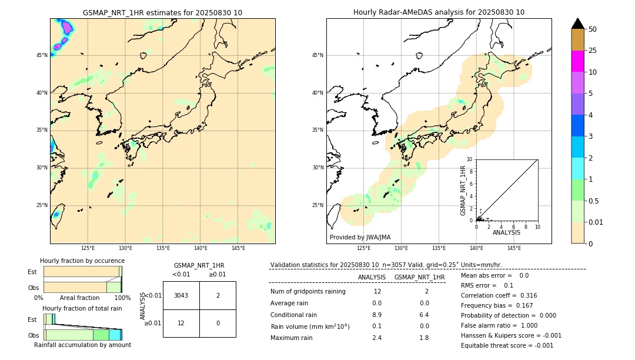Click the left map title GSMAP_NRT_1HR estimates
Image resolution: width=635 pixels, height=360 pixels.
click(162, 13)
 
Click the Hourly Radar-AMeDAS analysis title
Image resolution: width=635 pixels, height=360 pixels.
click(439, 12)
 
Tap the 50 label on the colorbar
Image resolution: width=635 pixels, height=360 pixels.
click(593, 29)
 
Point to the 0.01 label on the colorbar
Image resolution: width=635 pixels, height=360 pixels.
click(596, 222)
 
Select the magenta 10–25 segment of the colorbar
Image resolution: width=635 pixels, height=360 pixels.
click(577, 61)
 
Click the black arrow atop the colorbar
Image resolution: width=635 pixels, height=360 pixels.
click(577, 24)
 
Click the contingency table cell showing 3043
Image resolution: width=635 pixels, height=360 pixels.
click(181, 295)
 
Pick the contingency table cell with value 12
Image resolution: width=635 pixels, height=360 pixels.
click(181, 323)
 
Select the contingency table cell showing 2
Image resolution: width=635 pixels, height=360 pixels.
click(218, 295)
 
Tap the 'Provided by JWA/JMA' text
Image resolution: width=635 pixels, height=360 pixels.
click(360, 238)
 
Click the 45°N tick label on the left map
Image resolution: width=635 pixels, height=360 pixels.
click(42, 55)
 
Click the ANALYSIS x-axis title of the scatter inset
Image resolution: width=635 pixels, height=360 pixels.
click(506, 232)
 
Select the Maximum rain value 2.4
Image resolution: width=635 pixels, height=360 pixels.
click(377, 338)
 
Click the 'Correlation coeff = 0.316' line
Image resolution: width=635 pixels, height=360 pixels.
click(499, 295)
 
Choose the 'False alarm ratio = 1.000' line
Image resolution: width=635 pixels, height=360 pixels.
click(499, 325)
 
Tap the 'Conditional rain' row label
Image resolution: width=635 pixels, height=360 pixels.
click(293, 315)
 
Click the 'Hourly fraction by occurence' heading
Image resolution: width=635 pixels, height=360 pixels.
click(82, 261)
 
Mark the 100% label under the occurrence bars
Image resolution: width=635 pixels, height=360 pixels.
click(122, 298)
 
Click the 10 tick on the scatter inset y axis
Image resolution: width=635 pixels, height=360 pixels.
click(470, 159)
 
